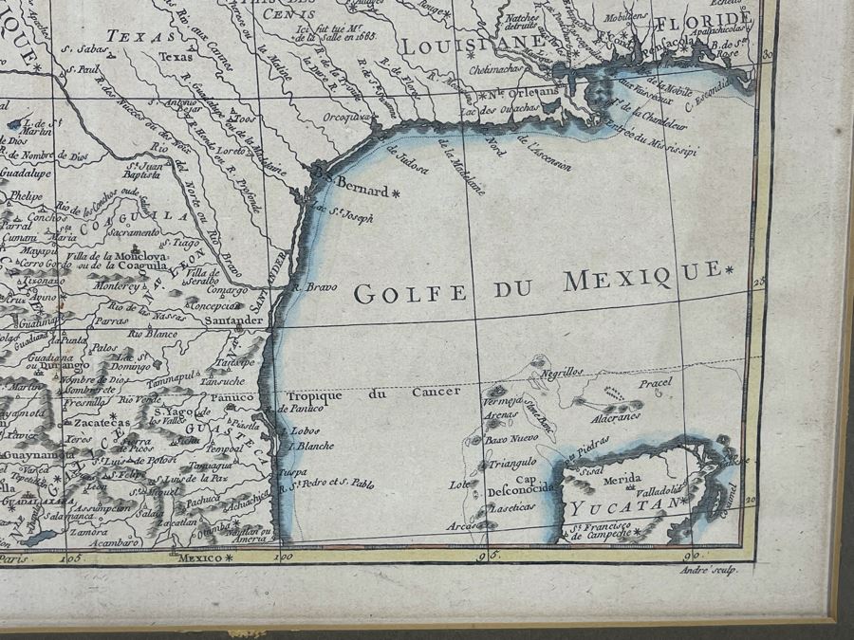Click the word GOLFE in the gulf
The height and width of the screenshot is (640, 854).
411,293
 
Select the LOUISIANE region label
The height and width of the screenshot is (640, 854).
470,45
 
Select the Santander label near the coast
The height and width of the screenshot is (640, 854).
233,320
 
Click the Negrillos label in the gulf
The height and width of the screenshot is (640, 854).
562,373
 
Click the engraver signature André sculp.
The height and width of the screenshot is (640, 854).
709,569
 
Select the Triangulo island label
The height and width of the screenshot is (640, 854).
513,463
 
